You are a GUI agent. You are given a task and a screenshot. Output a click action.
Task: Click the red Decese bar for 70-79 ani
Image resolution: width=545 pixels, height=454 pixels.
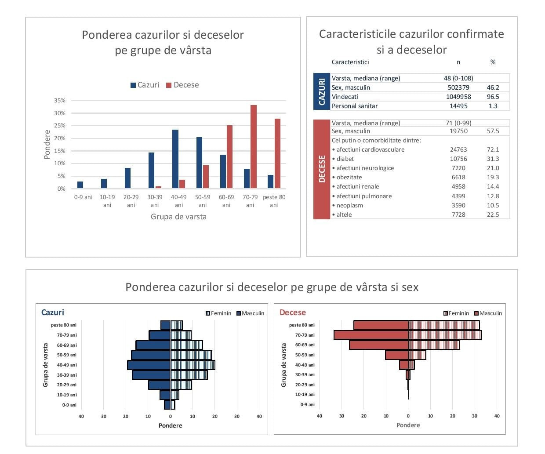tap(254, 147)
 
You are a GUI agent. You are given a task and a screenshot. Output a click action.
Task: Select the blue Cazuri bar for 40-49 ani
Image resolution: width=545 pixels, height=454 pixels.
tap(175, 159)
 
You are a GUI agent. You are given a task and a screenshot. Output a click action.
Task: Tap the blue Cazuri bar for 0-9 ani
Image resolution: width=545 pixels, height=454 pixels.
tap(80, 185)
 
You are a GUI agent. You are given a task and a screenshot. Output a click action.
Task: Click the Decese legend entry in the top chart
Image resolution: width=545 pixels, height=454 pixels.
tap(182, 85)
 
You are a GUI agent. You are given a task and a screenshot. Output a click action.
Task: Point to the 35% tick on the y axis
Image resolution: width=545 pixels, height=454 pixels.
tap(60, 101)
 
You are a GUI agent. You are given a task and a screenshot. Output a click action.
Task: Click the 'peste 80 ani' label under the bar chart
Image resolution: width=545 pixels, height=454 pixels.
tap(274, 201)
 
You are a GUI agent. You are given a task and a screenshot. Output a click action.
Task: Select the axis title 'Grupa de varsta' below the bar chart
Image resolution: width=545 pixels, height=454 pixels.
tap(178, 217)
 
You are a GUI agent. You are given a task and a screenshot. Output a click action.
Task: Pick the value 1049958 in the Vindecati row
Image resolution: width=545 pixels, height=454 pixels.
tap(458, 97)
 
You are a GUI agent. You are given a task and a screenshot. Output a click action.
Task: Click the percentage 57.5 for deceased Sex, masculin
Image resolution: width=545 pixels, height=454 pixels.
tap(493, 131)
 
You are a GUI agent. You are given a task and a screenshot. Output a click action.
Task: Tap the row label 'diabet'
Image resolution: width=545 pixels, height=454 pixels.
tap(345, 159)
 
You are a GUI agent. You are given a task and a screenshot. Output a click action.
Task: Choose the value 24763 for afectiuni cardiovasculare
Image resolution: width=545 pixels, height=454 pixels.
tap(458, 149)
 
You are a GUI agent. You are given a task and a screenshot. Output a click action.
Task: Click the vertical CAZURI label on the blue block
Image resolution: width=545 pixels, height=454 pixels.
tap(322, 91)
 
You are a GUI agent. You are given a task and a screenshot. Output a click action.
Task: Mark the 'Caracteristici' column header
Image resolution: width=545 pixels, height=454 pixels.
tap(350, 62)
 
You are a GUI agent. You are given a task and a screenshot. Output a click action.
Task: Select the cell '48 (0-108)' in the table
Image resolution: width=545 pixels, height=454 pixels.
tap(458, 78)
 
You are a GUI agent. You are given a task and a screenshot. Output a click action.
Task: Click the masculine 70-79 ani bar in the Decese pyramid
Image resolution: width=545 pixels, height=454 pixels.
tap(371, 335)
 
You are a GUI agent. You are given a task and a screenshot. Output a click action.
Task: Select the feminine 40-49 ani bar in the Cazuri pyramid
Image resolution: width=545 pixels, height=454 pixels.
tap(193, 365)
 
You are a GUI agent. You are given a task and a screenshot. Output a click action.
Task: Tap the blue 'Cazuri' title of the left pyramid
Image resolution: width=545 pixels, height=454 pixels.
tap(52, 312)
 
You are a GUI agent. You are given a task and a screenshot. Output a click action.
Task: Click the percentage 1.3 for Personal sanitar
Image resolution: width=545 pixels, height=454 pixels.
tap(493, 106)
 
